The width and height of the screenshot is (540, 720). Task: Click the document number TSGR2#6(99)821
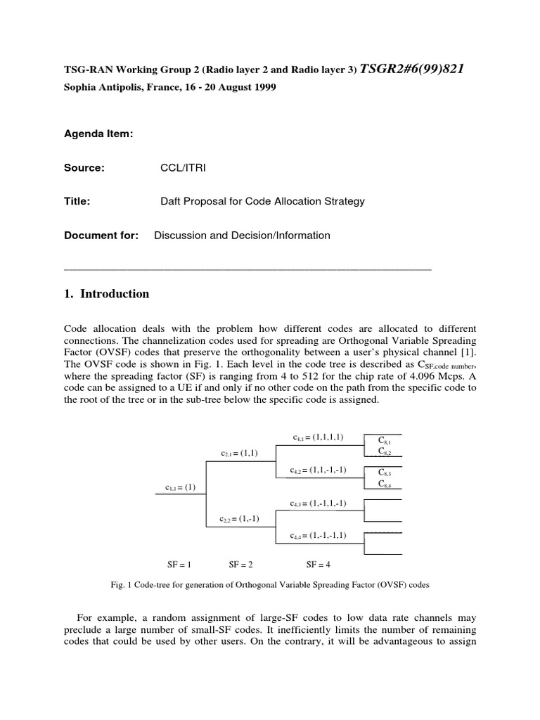pos(412,68)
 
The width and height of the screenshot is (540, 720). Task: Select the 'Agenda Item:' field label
pos(98,134)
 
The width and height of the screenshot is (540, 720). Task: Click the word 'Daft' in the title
pos(172,201)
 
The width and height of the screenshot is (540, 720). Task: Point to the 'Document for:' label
pos(101,235)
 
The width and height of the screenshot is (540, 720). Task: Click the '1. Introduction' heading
pos(107,294)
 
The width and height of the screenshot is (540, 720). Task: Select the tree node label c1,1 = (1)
pos(181,487)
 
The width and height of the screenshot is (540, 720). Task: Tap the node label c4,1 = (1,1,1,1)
pos(319,437)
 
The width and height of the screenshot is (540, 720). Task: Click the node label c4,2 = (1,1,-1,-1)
pos(319,470)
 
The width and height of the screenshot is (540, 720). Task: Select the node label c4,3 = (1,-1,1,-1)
pos(319,503)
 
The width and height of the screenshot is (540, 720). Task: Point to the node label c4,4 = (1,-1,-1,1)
pos(319,536)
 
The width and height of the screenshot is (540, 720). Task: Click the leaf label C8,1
pos(385,441)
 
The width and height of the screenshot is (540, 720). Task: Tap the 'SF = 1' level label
pos(179,564)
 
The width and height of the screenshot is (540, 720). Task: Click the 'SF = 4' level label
pos(319,564)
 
